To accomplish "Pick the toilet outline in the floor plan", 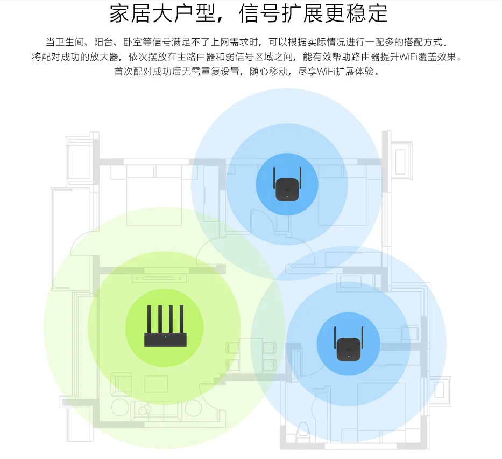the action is [x=302, y=432].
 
